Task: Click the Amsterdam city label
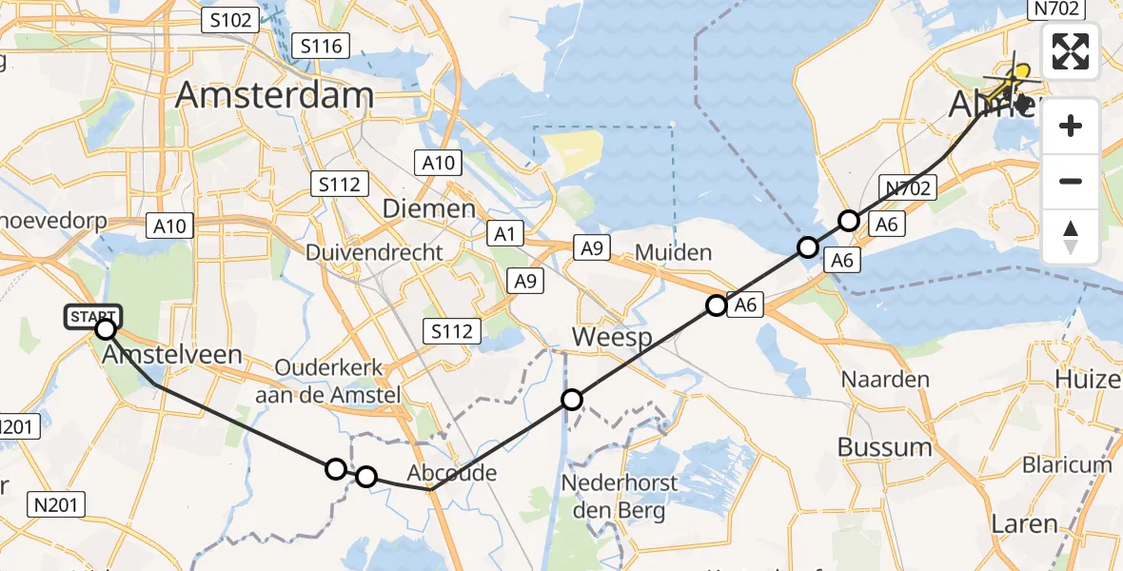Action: [x=274, y=96]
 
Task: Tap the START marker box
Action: [x=92, y=315]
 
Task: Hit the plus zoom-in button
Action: [x=1071, y=127]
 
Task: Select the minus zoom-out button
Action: [x=1071, y=181]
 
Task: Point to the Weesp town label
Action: [x=611, y=340]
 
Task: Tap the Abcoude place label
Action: [x=451, y=474]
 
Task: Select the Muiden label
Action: [x=673, y=253]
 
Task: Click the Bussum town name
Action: [x=884, y=447]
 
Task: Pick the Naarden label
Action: [x=885, y=380]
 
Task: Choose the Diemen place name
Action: [x=428, y=209]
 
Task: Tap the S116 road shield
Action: [x=322, y=45]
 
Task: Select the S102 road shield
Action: [x=229, y=20]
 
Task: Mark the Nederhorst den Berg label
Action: [x=620, y=497]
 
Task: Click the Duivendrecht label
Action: [x=374, y=252]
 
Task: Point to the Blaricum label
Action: [x=1066, y=465]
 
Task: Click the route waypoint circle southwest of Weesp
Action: [x=571, y=400]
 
